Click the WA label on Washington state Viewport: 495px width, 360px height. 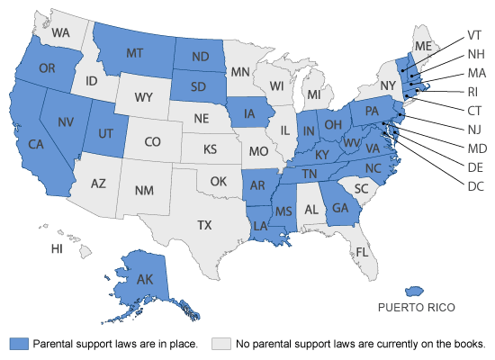click(x=61, y=32)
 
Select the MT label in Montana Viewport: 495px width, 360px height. click(x=137, y=54)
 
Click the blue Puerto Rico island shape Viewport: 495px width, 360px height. click(x=415, y=291)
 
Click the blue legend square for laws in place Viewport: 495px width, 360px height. click(x=19, y=343)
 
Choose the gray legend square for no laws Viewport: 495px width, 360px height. click(x=220, y=343)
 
